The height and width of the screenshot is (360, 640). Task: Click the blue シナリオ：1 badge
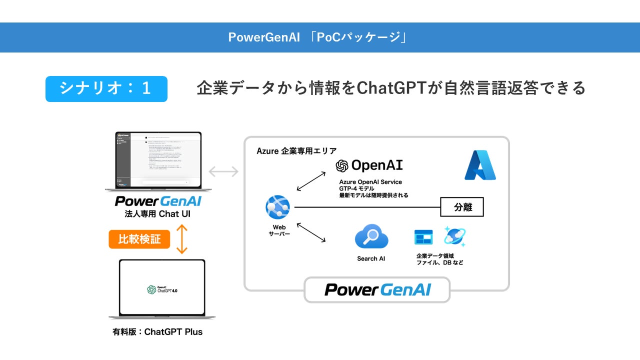[106, 88]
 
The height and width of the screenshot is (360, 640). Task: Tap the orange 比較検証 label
[139, 239]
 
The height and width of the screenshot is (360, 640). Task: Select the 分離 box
[462, 207]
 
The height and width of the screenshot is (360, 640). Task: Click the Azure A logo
[479, 165]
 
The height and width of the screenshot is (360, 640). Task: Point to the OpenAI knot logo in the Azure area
[342, 165]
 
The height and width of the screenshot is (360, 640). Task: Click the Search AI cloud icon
[371, 236]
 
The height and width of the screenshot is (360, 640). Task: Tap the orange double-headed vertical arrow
[181, 239]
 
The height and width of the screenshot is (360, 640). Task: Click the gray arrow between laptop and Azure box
[223, 172]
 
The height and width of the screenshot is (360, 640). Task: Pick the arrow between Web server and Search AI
[311, 233]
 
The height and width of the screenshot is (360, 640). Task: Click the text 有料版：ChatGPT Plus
[157, 331]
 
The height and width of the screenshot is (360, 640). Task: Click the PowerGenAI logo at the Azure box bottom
[377, 290]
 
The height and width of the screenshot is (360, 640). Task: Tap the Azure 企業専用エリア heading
[296, 150]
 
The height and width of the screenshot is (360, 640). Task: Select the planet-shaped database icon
[454, 236]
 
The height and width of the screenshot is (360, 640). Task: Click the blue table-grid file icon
[423, 237]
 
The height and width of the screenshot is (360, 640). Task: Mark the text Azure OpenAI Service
[370, 182]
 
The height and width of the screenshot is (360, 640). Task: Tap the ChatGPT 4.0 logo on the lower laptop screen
[162, 289]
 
